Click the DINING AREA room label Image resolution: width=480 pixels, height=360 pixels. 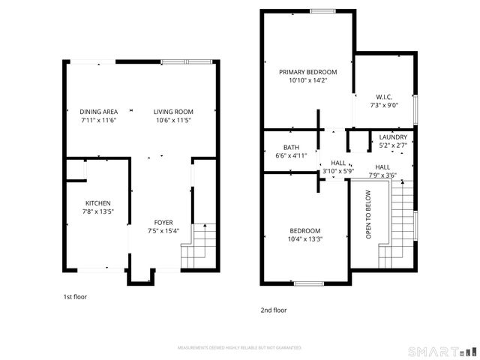[97, 112]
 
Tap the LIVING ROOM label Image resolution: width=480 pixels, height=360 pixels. [174, 112]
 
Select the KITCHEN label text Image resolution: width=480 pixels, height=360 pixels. [97, 203]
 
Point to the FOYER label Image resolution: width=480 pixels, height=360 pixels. [163, 222]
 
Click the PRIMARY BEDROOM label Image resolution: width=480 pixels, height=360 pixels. [307, 72]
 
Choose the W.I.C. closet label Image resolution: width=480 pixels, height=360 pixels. [383, 97]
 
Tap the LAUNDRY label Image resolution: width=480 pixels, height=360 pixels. [393, 137]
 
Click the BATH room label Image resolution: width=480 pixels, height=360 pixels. [291, 147]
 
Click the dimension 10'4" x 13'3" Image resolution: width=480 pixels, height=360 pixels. [305, 239]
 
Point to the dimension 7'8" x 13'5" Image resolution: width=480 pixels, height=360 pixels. [97, 211]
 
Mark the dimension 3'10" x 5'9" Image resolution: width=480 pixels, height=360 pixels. [338, 171]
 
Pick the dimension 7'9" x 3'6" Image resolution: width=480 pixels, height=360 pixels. [382, 175]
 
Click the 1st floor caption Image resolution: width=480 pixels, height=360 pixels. [75, 297]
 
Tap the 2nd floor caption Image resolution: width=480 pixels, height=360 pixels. [274, 310]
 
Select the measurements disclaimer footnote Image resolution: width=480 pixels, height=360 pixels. [239, 348]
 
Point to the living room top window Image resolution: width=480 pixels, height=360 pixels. [186, 61]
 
